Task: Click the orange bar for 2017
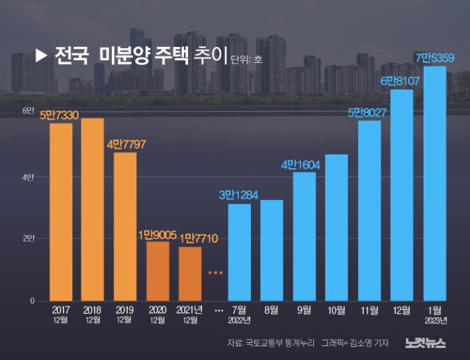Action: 61,212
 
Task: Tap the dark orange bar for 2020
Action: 158,271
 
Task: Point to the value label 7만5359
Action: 434,58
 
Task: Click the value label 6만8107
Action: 402,81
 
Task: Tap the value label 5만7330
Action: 60,115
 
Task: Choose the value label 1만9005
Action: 158,234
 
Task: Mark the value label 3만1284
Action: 239,195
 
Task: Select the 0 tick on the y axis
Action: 31,301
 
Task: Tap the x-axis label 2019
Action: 125,310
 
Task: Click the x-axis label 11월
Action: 369,310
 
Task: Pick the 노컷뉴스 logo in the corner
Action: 426,343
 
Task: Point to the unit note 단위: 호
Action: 247,60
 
